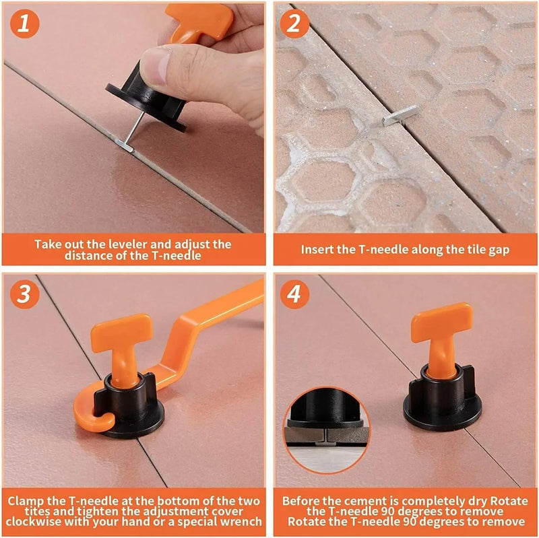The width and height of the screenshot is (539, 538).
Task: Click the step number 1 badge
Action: point(25,25)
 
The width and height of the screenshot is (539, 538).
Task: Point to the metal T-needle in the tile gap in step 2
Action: point(400,115)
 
